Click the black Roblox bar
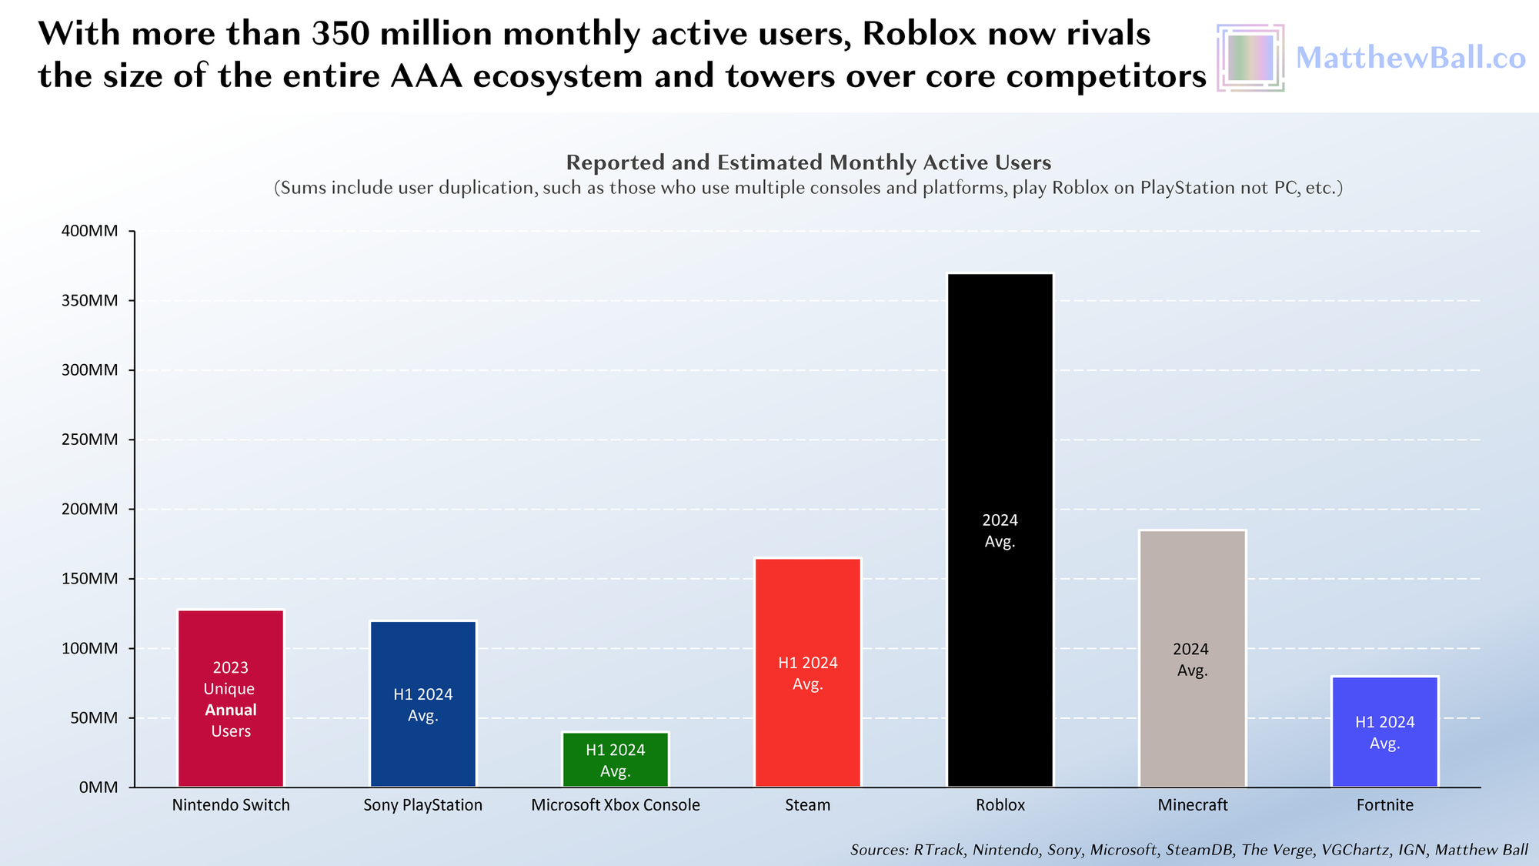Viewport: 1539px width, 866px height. [1000, 385]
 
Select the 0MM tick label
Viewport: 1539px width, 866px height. [98, 787]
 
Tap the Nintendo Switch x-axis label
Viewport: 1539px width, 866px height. [231, 805]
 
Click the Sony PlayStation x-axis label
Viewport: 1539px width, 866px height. [422, 805]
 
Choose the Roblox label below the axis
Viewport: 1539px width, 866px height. [1000, 805]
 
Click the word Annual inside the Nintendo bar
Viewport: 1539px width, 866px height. [231, 710]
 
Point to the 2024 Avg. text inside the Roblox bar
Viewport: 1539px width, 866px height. [1000, 530]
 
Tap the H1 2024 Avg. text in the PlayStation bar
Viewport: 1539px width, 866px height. [422, 704]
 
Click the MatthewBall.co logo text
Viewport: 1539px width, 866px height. [1410, 58]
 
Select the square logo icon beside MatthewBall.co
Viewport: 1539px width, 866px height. [1250, 58]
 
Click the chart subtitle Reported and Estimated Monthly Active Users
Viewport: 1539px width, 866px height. [808, 162]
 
